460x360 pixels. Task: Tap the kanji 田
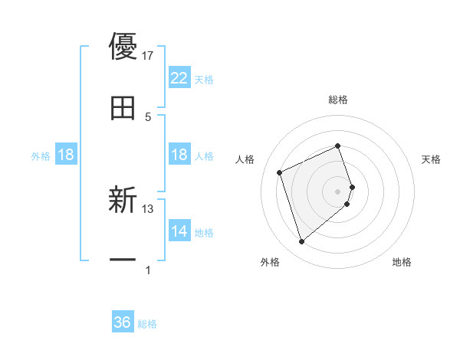point(123,107)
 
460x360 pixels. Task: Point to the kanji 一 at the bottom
point(123,260)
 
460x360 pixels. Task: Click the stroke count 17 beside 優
point(148,56)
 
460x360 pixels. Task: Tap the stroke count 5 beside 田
point(148,116)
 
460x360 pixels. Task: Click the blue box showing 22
point(179,78)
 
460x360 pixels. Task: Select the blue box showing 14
point(179,231)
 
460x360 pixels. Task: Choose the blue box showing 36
point(123,322)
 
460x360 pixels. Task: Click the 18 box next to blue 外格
point(66,155)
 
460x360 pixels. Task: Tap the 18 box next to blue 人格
point(179,155)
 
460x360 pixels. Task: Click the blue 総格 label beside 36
point(147,324)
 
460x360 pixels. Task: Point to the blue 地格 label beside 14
point(204,233)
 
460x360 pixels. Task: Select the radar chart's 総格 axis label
point(338,100)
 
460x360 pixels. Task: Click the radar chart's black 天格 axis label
point(432,159)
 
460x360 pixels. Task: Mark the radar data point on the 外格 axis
point(301,241)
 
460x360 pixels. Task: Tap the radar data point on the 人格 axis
point(280,172)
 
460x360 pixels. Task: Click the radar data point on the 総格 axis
point(338,146)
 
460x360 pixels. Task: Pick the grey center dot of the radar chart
point(338,191)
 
